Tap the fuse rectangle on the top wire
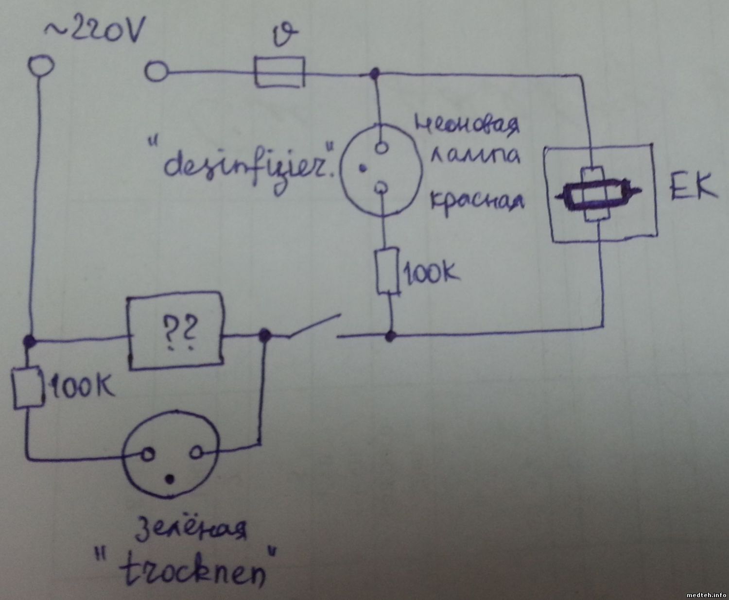click(279, 72)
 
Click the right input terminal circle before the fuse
click(156, 72)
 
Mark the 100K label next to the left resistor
click(81, 387)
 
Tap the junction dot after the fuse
click(374, 74)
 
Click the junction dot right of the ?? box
click(265, 334)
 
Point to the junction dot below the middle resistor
click(390, 335)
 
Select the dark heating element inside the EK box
click(598, 196)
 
